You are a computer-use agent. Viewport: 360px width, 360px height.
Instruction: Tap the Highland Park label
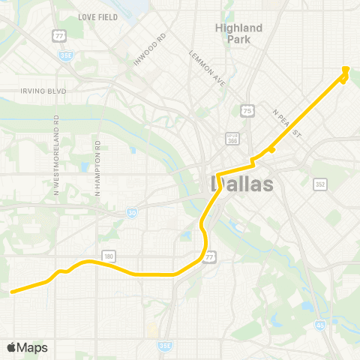(239, 33)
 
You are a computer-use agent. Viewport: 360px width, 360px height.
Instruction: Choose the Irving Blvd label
(43, 91)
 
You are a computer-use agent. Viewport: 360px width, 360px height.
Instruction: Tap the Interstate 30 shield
(132, 213)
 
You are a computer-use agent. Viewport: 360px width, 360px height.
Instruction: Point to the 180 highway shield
(109, 256)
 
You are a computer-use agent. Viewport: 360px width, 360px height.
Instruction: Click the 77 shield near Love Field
(58, 35)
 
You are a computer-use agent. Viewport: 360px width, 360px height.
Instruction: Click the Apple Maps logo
(27, 347)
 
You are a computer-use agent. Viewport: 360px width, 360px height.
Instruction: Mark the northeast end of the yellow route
(346, 69)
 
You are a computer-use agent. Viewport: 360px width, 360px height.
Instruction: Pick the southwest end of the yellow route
(11, 291)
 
